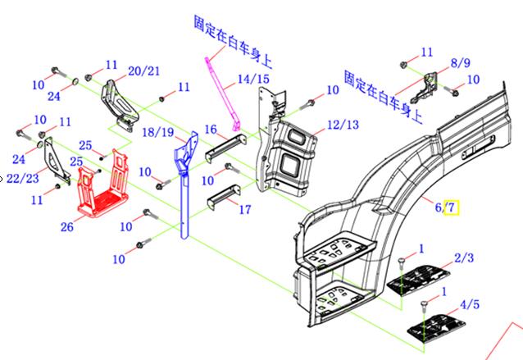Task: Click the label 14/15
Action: click(252, 80)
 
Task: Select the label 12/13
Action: click(343, 125)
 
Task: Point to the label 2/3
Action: click(464, 258)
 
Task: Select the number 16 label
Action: click(211, 130)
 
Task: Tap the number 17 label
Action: click(244, 210)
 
